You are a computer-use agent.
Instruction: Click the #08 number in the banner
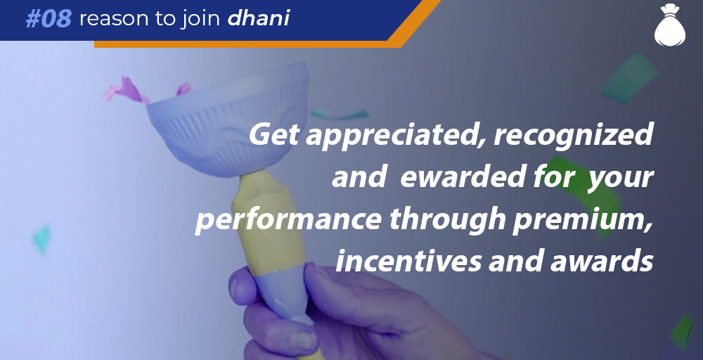tap(49, 19)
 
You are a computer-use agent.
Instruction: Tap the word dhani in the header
tap(259, 18)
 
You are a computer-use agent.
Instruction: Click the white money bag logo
tap(670, 25)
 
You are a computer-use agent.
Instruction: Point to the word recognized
tap(573, 135)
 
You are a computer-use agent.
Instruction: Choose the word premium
tap(582, 219)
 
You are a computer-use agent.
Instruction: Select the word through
tap(446, 219)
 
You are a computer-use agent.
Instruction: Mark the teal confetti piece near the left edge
tap(41, 239)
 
